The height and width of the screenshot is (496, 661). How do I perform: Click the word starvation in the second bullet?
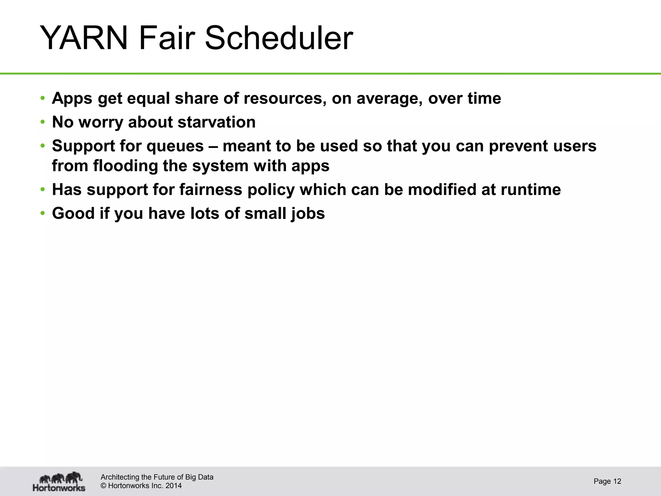(x=217, y=122)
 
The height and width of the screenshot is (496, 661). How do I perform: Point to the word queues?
(x=175, y=146)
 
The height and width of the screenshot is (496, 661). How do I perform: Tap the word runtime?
(x=531, y=190)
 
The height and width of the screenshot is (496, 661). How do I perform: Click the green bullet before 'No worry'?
(x=43, y=122)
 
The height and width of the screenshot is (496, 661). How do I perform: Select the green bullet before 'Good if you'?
(x=43, y=213)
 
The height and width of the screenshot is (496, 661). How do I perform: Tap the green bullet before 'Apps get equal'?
(x=43, y=98)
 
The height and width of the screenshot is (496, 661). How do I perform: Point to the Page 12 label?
(x=607, y=481)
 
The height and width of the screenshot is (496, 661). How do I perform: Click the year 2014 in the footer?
(x=173, y=486)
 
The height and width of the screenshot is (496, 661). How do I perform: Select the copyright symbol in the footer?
(x=104, y=486)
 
